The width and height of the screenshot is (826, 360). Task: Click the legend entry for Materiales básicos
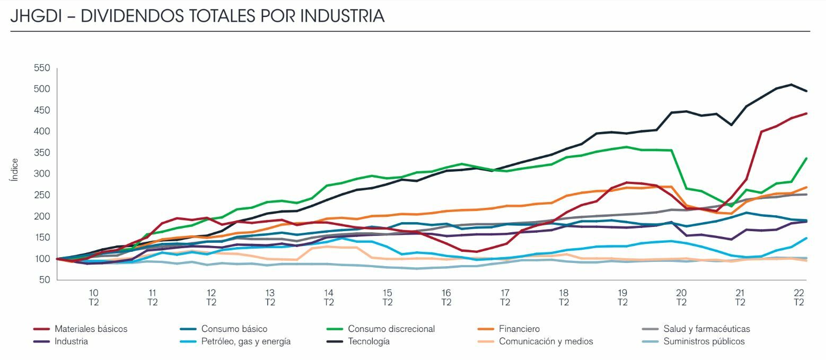pyautogui.click(x=91, y=329)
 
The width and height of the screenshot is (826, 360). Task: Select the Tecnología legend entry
pyautogui.click(x=368, y=341)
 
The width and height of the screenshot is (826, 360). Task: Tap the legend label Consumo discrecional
pyautogui.click(x=391, y=329)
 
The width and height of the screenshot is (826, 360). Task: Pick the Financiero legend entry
pyautogui.click(x=519, y=329)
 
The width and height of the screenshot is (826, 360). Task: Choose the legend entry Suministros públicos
pyautogui.click(x=704, y=341)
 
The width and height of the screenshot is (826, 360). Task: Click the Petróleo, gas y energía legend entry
pyautogui.click(x=245, y=341)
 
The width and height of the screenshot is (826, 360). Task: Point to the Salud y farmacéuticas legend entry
pyautogui.click(x=706, y=329)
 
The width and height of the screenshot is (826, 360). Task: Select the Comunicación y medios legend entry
pyautogui.click(x=546, y=341)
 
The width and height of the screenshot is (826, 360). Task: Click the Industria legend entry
pyautogui.click(x=71, y=341)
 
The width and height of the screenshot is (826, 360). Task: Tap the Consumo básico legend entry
pyautogui.click(x=234, y=329)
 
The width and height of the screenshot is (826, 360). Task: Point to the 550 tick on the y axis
pyautogui.click(x=41, y=68)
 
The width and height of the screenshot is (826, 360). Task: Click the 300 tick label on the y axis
pyautogui.click(x=41, y=174)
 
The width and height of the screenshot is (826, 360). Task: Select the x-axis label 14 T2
pyautogui.click(x=329, y=297)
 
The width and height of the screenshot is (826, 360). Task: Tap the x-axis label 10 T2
pyautogui.click(x=94, y=297)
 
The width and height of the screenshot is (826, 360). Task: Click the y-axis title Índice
pyautogui.click(x=14, y=170)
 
